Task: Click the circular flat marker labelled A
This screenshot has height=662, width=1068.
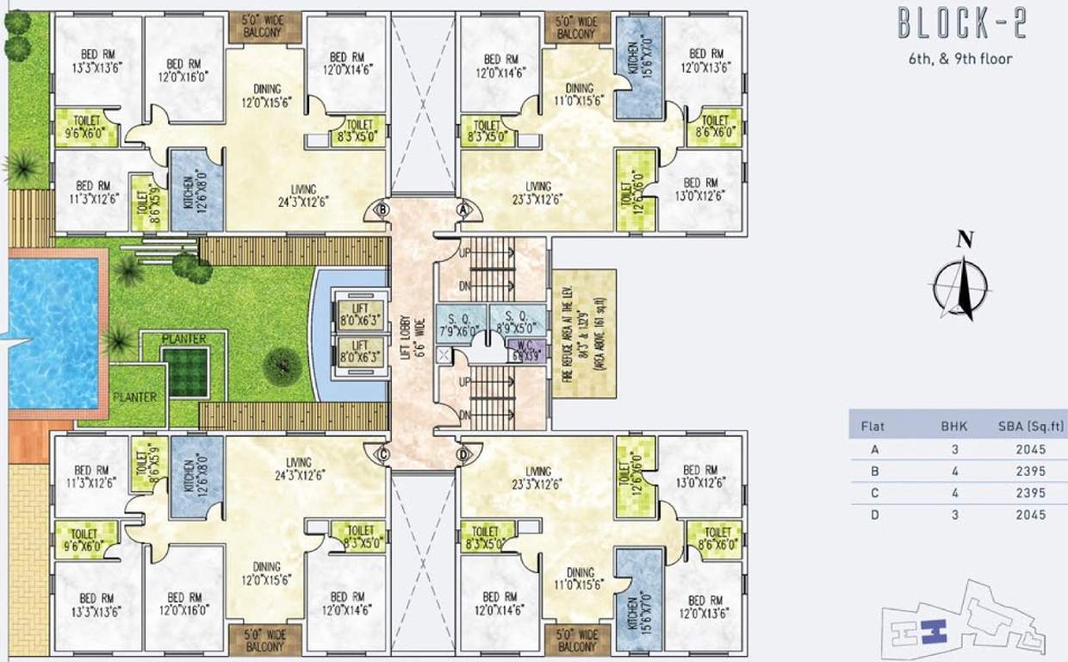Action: coord(463,209)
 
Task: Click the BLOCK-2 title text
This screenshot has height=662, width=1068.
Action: coord(962,24)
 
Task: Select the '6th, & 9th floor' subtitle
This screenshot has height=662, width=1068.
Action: coord(960,59)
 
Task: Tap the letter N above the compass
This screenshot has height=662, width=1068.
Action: coord(966,240)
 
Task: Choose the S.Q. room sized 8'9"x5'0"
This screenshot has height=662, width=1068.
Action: coord(517,320)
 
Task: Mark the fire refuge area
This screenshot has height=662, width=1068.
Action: coord(585,334)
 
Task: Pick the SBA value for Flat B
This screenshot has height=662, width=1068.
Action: coord(1030,472)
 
